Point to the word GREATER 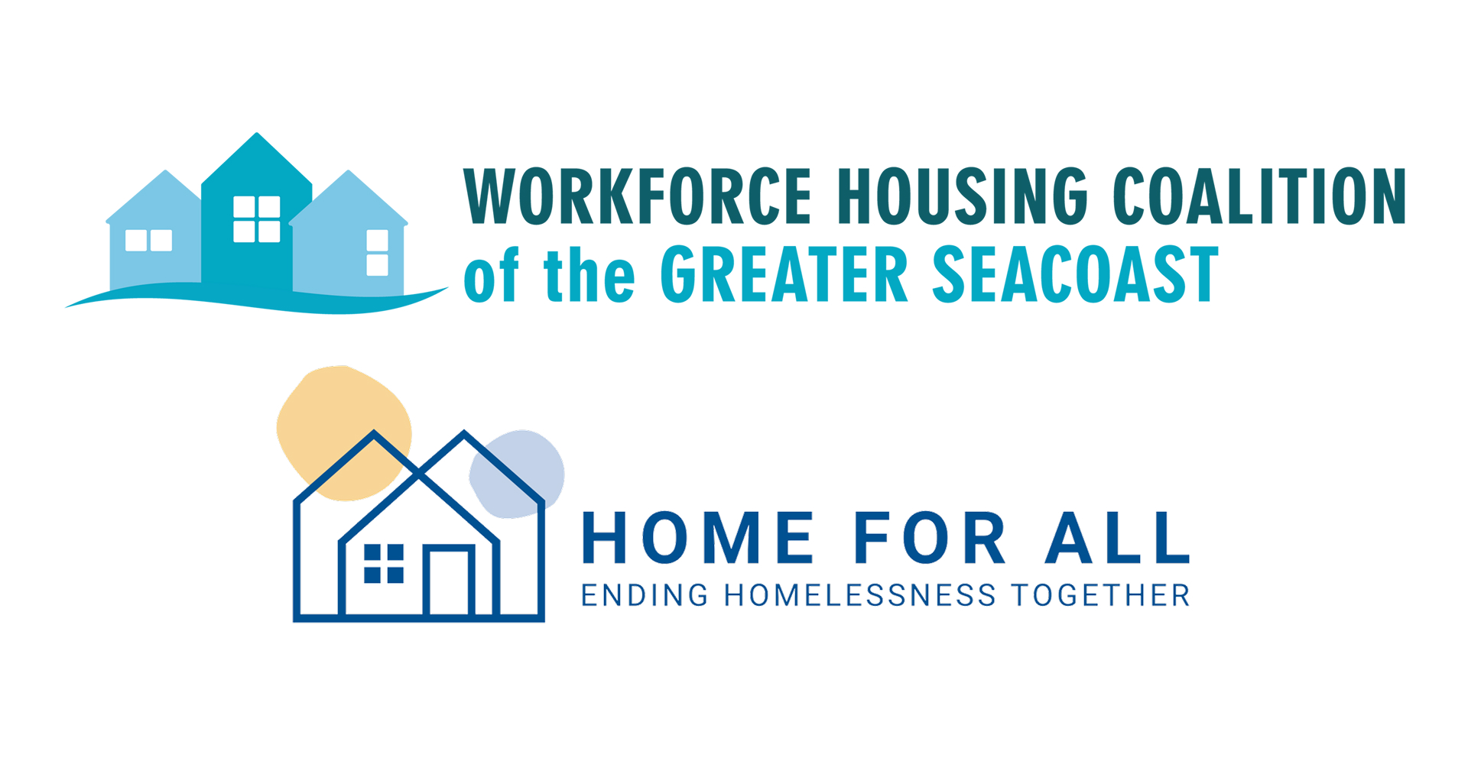tap(784, 275)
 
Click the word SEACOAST tap(1074, 275)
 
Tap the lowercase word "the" tap(589, 275)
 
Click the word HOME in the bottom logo tap(697, 539)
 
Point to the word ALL tap(1118, 539)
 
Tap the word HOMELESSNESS tap(860, 596)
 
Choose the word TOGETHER tap(1101, 596)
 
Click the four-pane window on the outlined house tap(384, 564)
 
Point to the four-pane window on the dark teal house tap(257, 219)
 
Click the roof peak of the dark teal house tap(257, 138)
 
